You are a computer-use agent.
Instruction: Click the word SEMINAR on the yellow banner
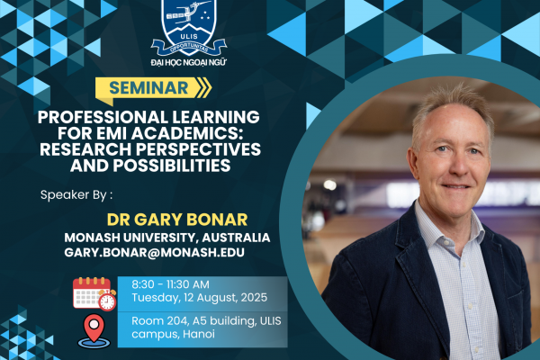(148, 88)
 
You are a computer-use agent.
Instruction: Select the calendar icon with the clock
(94, 293)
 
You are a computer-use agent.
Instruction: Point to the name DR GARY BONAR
(177, 220)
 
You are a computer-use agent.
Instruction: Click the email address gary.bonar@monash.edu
(154, 252)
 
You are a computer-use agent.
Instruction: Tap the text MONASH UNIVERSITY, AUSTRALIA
(167, 238)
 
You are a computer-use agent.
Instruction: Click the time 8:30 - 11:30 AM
(170, 284)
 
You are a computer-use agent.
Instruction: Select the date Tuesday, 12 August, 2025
(200, 298)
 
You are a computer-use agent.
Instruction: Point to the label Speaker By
(76, 195)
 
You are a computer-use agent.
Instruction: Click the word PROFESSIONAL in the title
(103, 117)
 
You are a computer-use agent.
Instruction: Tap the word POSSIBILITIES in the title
(172, 166)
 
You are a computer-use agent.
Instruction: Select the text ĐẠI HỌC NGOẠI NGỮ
(188, 62)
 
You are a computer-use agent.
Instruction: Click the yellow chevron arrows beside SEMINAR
(203, 87)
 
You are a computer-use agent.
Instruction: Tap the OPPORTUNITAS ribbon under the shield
(189, 47)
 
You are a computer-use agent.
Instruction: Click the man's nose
(459, 166)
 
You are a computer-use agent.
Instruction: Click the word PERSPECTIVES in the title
(198, 149)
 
